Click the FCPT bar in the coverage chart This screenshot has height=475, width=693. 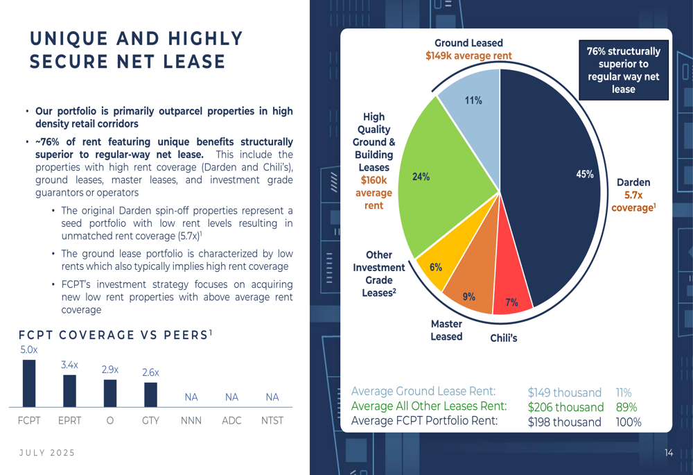(29, 383)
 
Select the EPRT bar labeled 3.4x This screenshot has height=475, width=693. (69, 390)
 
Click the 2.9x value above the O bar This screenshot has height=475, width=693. (110, 370)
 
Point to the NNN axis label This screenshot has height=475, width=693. (191, 420)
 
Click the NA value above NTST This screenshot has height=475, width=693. (272, 397)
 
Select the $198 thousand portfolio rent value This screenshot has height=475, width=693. (564, 422)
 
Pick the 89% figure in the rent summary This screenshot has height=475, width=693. (626, 407)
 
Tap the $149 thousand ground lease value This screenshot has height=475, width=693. (564, 392)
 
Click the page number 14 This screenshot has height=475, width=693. (669, 453)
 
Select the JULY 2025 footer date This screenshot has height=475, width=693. (47, 453)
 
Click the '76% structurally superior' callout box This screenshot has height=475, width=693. (624, 70)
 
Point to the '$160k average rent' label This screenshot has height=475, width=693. (374, 192)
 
